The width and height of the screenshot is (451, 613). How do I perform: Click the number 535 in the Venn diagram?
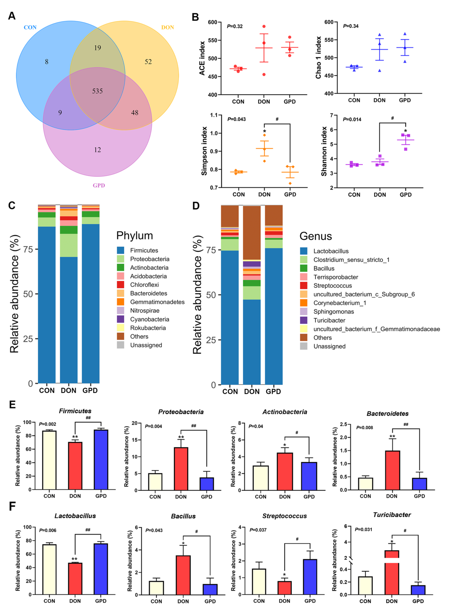pyautogui.click(x=97, y=91)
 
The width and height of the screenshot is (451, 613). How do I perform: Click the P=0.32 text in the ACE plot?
pyautogui.click(x=235, y=26)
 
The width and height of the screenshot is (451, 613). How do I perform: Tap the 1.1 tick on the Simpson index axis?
pyautogui.click(x=214, y=115)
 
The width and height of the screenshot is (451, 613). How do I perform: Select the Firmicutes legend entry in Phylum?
pyautogui.click(x=144, y=250)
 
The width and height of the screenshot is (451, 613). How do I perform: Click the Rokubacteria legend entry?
pyautogui.click(x=148, y=328)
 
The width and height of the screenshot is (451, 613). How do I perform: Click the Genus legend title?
pyautogui.click(x=316, y=236)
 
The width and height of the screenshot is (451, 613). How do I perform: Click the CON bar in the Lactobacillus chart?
pyautogui.click(x=49, y=569)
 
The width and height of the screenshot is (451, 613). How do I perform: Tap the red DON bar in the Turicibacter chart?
pyautogui.click(x=392, y=574)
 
